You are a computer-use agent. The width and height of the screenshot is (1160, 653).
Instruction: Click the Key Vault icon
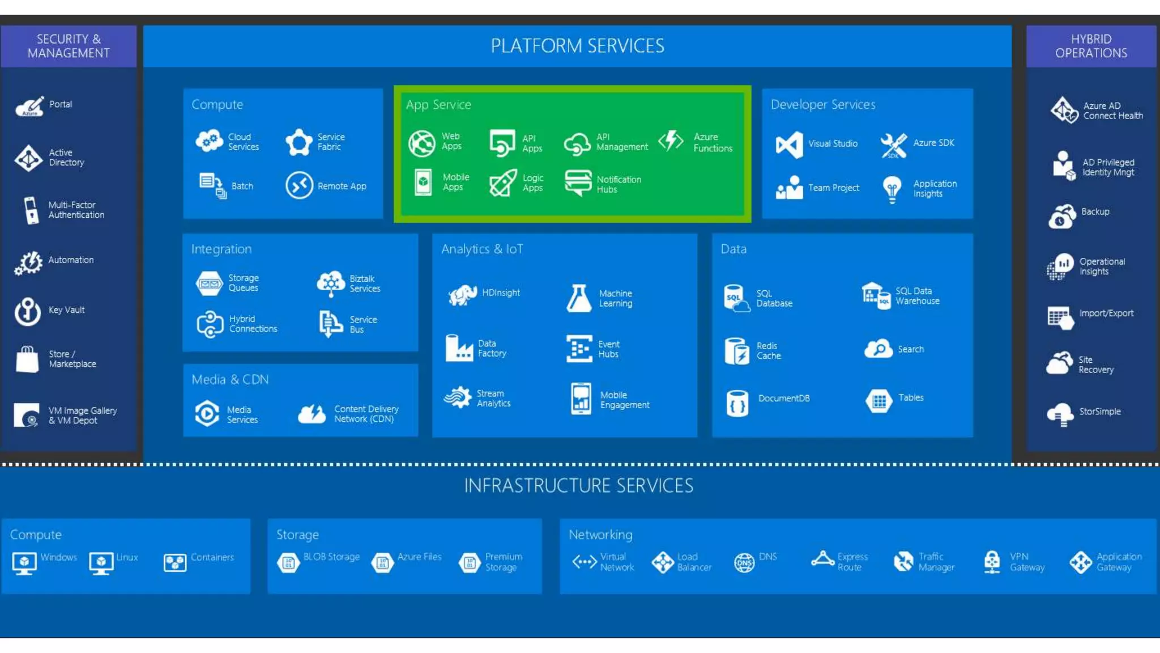coord(27,311)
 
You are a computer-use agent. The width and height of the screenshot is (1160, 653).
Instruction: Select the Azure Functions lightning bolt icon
coord(671,141)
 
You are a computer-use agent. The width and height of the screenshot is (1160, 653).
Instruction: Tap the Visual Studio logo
coord(789,145)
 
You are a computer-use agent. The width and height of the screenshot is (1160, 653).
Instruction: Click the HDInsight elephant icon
coord(462,294)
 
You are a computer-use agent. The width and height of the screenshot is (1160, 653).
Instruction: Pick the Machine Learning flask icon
coord(578,298)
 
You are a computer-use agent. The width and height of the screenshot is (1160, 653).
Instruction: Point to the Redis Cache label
coord(768,351)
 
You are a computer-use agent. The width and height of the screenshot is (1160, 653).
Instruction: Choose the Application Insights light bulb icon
coord(892,189)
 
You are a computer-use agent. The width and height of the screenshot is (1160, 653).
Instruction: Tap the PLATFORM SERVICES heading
coord(577,46)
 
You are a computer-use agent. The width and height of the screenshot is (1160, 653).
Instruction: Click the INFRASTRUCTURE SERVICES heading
coord(578,486)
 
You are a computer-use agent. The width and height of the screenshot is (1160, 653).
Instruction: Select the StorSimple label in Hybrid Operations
coord(1099,412)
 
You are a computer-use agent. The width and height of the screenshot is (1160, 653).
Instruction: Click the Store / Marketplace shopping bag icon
coord(27,359)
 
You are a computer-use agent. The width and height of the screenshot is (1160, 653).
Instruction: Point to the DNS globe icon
coord(744,562)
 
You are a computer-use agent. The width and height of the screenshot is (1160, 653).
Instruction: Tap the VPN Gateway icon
coord(992,562)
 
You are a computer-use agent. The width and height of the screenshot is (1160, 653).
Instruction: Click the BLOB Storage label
coord(331,557)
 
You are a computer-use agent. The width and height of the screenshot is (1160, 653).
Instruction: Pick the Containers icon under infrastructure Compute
coord(174,562)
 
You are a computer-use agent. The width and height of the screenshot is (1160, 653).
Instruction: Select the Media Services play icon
coord(207,413)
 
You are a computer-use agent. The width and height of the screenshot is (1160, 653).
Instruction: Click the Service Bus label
coord(363,325)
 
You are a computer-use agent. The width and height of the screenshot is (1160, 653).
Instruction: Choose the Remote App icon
coord(299,185)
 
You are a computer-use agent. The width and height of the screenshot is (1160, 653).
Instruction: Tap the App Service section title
coord(438,105)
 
